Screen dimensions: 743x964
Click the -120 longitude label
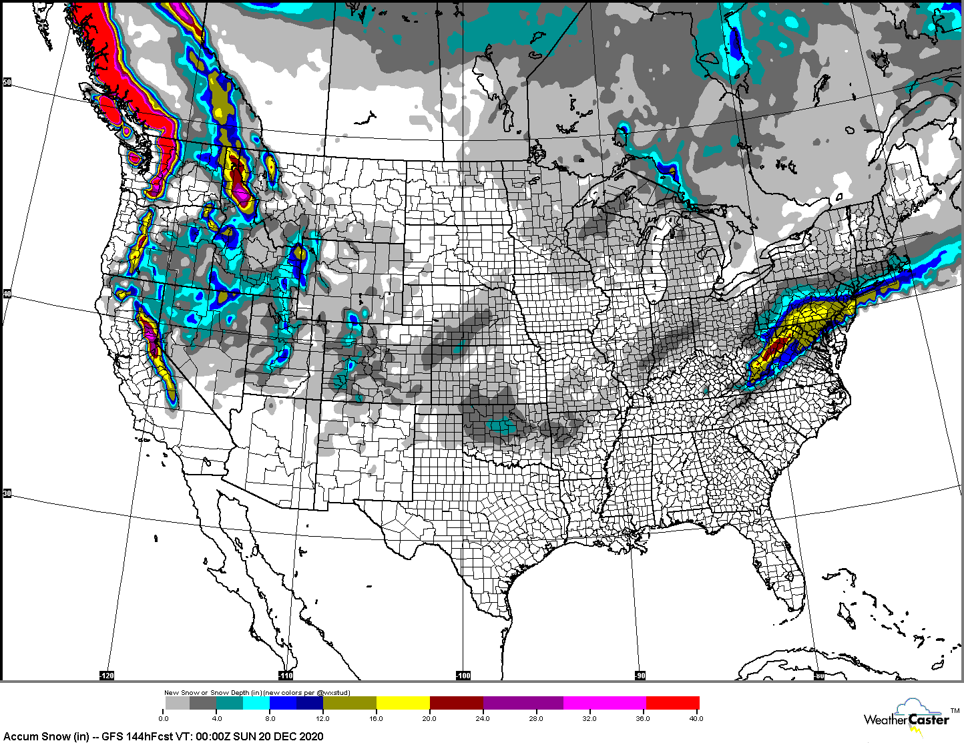click(107, 676)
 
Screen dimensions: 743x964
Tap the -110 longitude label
click(286, 676)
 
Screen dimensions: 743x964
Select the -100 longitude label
click(463, 676)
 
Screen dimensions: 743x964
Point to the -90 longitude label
click(640, 676)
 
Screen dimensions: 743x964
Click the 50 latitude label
click(7, 83)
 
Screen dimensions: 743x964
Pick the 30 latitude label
click(7, 493)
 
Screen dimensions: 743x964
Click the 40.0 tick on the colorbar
click(696, 718)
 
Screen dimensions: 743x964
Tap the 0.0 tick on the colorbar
click(164, 718)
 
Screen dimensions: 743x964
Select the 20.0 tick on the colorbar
click(429, 718)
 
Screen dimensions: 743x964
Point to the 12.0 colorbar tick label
click(323, 718)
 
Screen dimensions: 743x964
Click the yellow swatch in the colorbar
click(403, 703)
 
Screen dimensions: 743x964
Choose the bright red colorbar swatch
click(672, 703)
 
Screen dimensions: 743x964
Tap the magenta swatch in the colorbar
click(604, 703)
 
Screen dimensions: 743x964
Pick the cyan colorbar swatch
click(256, 703)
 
